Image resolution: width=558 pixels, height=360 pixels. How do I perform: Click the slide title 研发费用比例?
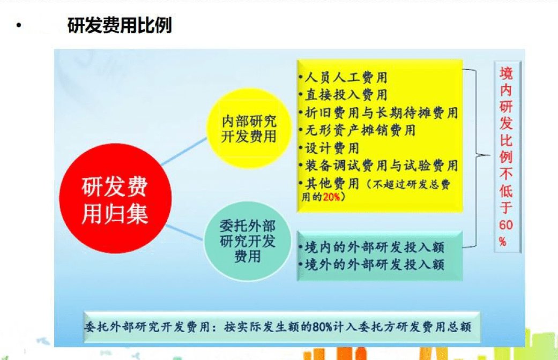pyautogui.click(x=119, y=25)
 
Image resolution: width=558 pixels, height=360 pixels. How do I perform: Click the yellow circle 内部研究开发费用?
pyautogui.click(x=249, y=129)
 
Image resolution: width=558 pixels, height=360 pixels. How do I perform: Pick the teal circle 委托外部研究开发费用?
pyautogui.click(x=247, y=241)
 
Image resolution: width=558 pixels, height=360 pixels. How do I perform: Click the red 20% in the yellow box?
pyautogui.click(x=331, y=197)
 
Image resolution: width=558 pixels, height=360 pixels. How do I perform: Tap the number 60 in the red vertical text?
pyautogui.click(x=505, y=225)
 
